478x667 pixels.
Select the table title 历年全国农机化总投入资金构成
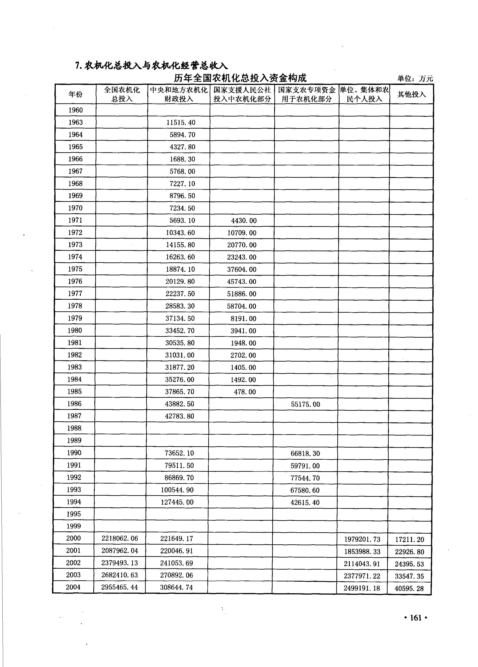pyautogui.click(x=240, y=78)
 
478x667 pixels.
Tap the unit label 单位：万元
pyautogui.click(x=415, y=79)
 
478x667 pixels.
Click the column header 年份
pyautogui.click(x=75, y=94)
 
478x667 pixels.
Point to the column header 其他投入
pyautogui.click(x=412, y=94)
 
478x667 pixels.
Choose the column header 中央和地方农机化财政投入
pyautogui.click(x=179, y=94)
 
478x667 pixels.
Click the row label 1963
pyautogui.click(x=75, y=122)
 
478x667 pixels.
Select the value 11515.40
pyautogui.click(x=181, y=123)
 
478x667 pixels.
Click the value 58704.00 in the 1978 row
pyautogui.click(x=241, y=306)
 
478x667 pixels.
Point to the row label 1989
pyautogui.click(x=74, y=440)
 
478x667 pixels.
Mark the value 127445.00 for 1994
pyautogui.click(x=177, y=502)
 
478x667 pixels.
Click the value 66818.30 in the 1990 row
pyautogui.click(x=305, y=453)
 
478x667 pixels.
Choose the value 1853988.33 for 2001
pyautogui.click(x=362, y=551)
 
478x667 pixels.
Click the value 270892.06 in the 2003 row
pyautogui.click(x=176, y=575)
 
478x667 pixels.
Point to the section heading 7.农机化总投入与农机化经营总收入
pyautogui.click(x=151, y=66)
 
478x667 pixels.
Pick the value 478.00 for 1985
pyautogui.click(x=245, y=392)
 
